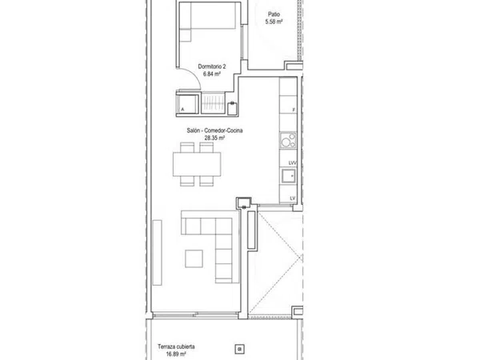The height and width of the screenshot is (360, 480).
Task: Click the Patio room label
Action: tap(274, 14)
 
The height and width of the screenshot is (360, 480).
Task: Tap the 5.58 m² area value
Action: tap(274, 22)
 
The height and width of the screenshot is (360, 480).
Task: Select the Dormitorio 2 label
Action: tap(212, 66)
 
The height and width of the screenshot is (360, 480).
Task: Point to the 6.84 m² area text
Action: tap(212, 74)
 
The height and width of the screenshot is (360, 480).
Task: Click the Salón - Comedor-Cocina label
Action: tap(214, 130)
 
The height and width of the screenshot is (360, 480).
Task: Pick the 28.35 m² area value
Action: tap(214, 138)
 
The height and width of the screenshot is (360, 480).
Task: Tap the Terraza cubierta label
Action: tap(176, 347)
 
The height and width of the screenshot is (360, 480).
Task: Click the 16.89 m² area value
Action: tap(176, 354)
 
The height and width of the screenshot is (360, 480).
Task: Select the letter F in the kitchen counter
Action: tap(294, 110)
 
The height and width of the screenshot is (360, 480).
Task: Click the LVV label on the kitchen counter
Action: tap(292, 163)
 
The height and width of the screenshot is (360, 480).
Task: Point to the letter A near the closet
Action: tap(182, 110)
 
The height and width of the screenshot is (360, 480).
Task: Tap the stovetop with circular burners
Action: tap(288, 141)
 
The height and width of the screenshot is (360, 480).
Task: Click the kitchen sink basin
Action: tap(288, 176)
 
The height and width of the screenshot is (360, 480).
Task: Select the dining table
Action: tap(197, 164)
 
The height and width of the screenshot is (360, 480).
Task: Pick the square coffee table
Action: tap(194, 258)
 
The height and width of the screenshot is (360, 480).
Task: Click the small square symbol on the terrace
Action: tap(240, 349)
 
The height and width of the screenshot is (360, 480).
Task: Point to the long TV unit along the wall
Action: tap(157, 253)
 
